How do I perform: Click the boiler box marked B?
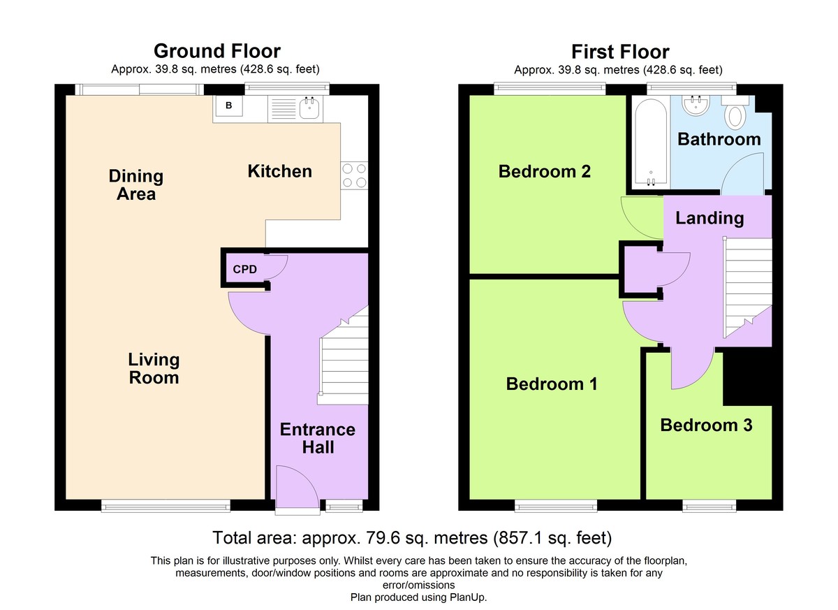tap(228, 106)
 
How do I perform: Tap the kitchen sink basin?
tap(309, 109)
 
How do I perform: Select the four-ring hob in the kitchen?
tap(354, 175)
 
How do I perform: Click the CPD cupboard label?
tap(244, 269)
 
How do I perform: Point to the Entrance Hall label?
tap(318, 438)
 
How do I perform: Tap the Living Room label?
tap(154, 368)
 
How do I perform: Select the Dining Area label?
tap(135, 185)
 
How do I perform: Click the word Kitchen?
tap(280, 171)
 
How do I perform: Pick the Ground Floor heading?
tap(217, 51)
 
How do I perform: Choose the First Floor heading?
tap(620, 52)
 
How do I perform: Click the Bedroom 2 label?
tap(544, 171)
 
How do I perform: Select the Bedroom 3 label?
tap(706, 425)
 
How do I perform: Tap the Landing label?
tap(710, 219)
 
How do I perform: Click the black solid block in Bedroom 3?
tap(747, 378)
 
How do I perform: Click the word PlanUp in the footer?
tap(467, 597)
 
